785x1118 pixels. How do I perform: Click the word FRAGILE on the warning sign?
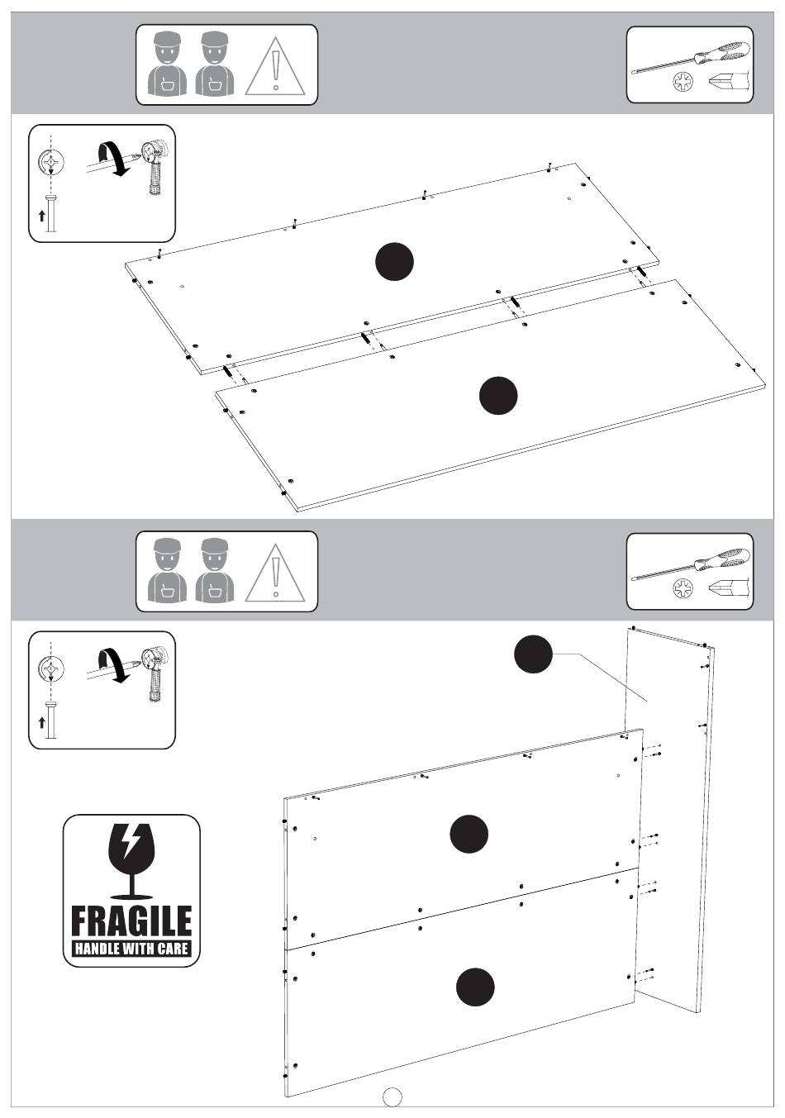pos(131,921)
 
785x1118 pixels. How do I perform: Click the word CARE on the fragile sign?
pos(174,949)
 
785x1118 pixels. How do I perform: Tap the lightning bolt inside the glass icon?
pos(131,842)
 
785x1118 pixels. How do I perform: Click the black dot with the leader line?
pos(533,654)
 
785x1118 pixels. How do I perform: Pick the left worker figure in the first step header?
pos(167,64)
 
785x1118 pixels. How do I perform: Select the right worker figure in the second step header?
pos(215,570)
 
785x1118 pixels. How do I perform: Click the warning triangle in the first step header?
pos(274,66)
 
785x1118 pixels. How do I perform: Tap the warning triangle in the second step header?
pos(274,573)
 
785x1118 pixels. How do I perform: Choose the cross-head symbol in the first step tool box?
pos(683,83)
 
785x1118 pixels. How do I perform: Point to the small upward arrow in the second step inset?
pos(42,722)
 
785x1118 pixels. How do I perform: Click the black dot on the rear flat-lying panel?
pos(394,262)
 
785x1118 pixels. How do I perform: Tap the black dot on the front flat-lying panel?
pos(498,395)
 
